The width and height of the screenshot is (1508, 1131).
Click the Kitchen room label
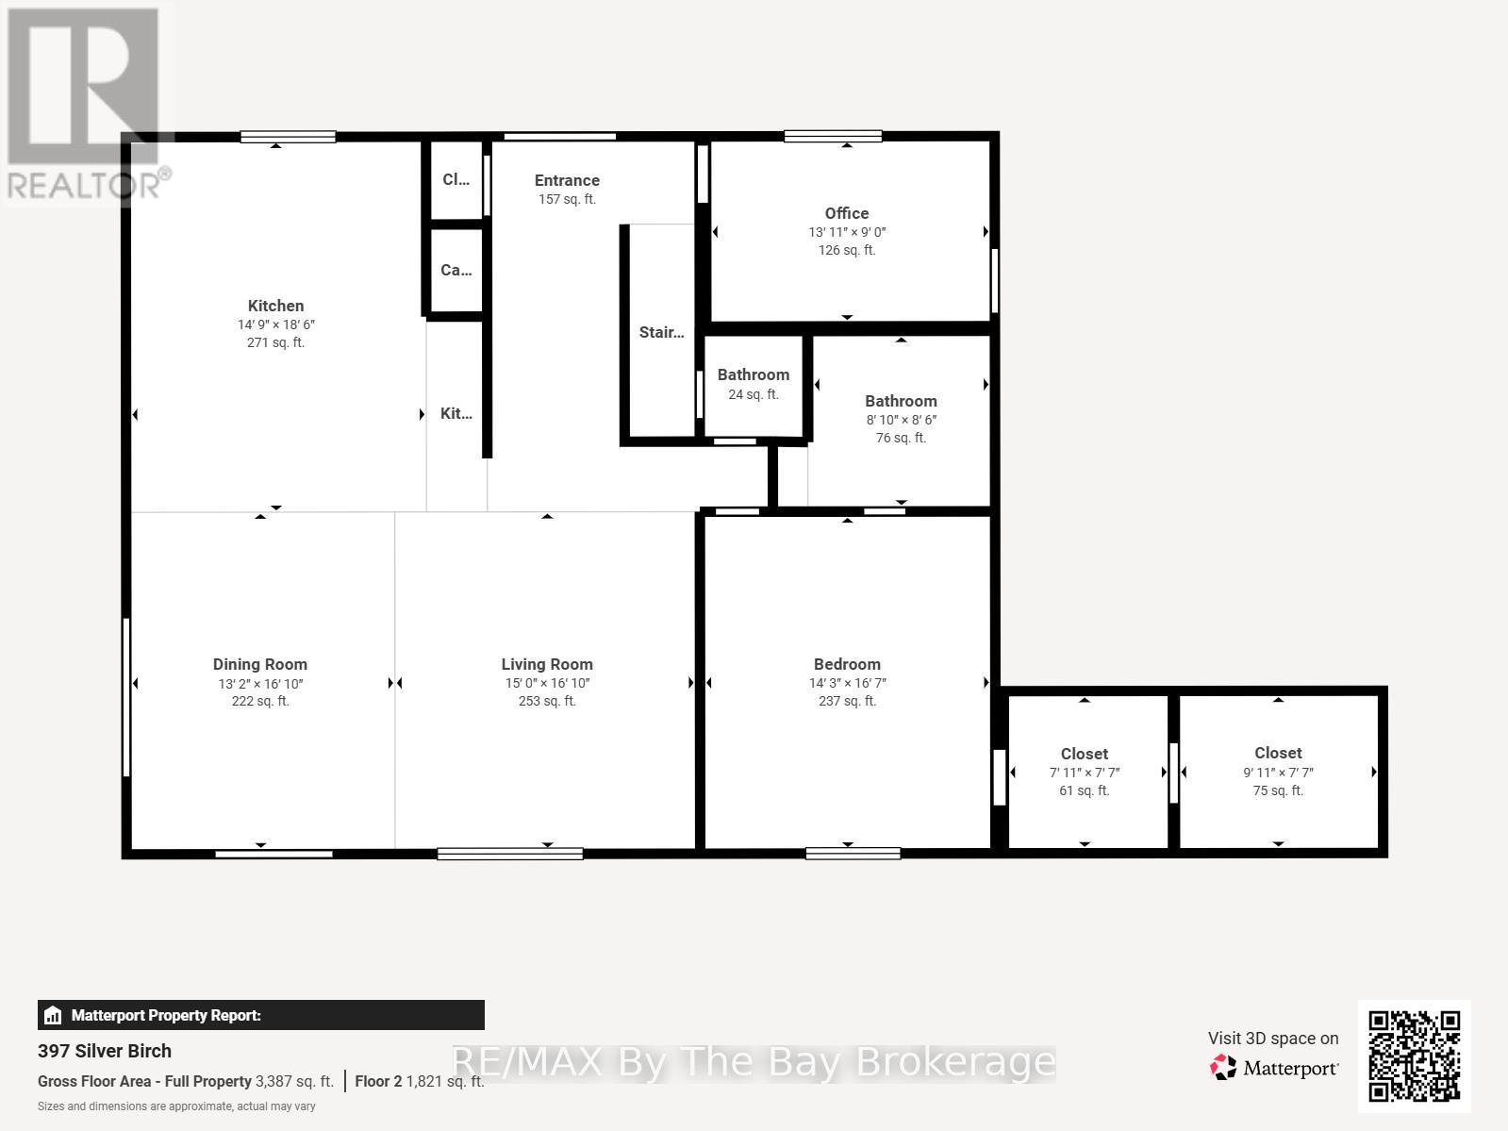pos(275,306)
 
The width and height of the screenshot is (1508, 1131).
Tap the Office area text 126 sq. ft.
pos(846,250)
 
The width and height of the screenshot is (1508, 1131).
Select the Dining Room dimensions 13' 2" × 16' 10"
pos(260,683)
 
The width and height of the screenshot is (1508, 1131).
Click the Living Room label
pos(547,664)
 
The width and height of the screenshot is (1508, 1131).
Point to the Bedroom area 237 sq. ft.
pos(847,701)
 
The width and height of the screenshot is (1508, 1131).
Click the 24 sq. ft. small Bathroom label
pos(753,375)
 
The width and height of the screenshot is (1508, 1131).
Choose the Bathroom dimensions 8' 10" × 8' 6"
pos(901,420)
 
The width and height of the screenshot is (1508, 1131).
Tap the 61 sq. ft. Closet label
pos(1084,754)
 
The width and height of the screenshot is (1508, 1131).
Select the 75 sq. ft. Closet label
pos(1278,753)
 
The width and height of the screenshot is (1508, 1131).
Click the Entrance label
pos(567,180)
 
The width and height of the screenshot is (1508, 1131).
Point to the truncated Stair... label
pos(661,332)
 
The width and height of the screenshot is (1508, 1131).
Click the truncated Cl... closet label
pos(456,179)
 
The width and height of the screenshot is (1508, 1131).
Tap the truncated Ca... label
pos(456,270)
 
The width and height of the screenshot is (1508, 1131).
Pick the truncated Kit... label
pos(456,413)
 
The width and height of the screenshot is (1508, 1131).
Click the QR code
pos(1414,1056)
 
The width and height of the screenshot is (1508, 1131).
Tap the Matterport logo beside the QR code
pos(1273,1068)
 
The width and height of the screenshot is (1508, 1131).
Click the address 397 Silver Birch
pos(105,1051)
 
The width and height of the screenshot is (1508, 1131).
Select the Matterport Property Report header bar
pos(260,1015)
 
